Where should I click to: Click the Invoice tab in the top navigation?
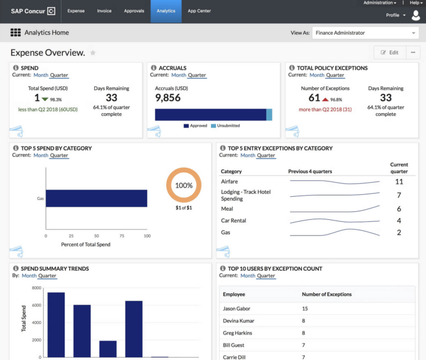(x=104, y=11)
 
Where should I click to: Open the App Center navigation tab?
(x=199, y=11)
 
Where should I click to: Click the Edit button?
(x=389, y=52)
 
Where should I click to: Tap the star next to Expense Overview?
(x=93, y=53)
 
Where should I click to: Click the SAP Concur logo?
(x=33, y=11)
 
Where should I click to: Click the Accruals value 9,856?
(x=168, y=97)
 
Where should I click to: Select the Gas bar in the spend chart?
(x=96, y=199)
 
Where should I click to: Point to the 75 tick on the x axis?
(x=122, y=236)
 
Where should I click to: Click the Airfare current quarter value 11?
(x=399, y=182)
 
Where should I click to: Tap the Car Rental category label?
(x=234, y=221)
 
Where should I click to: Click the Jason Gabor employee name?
(x=236, y=309)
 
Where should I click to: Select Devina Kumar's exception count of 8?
(x=304, y=321)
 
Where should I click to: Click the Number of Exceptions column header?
(x=326, y=295)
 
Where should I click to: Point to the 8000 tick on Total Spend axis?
(x=37, y=288)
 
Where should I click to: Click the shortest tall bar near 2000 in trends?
(x=108, y=348)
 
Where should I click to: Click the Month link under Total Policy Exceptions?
(x=316, y=76)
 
